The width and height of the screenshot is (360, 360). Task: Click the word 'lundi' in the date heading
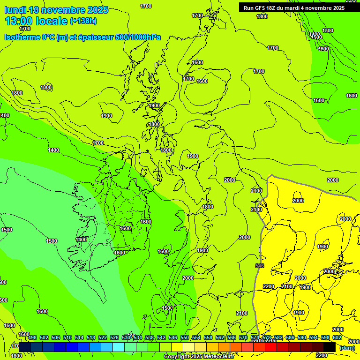coord(15,10)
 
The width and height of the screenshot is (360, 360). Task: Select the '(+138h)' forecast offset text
coord(83,22)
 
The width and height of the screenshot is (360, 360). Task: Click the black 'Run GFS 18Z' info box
coord(294,7)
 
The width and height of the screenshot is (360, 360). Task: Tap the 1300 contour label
coord(328,30)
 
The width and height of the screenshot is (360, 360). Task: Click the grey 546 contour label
coord(260,266)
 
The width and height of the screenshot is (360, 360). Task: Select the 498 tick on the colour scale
coord(32,337)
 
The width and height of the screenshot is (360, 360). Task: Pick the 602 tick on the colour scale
coord(336,337)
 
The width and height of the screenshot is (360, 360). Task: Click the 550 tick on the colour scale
coord(185,337)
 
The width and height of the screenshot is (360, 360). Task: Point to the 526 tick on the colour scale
coord(114,337)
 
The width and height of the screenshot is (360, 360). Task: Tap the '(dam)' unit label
coord(347,348)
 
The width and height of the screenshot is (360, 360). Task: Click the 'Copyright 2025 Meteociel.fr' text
coord(199,357)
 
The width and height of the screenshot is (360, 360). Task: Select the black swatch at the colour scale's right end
coord(330,347)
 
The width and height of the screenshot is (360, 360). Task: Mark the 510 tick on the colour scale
coord(67,337)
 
